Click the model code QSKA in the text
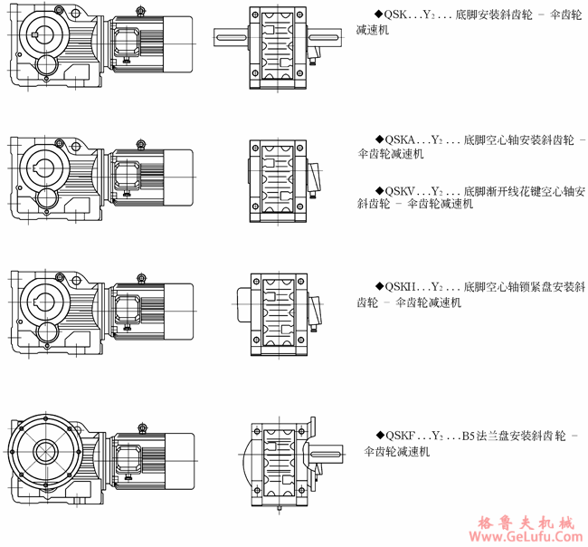400,140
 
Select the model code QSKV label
400,191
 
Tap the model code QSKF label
400,436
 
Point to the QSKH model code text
400,288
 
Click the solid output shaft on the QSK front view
231,36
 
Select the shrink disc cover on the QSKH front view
245,299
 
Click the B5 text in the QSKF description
469,436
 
